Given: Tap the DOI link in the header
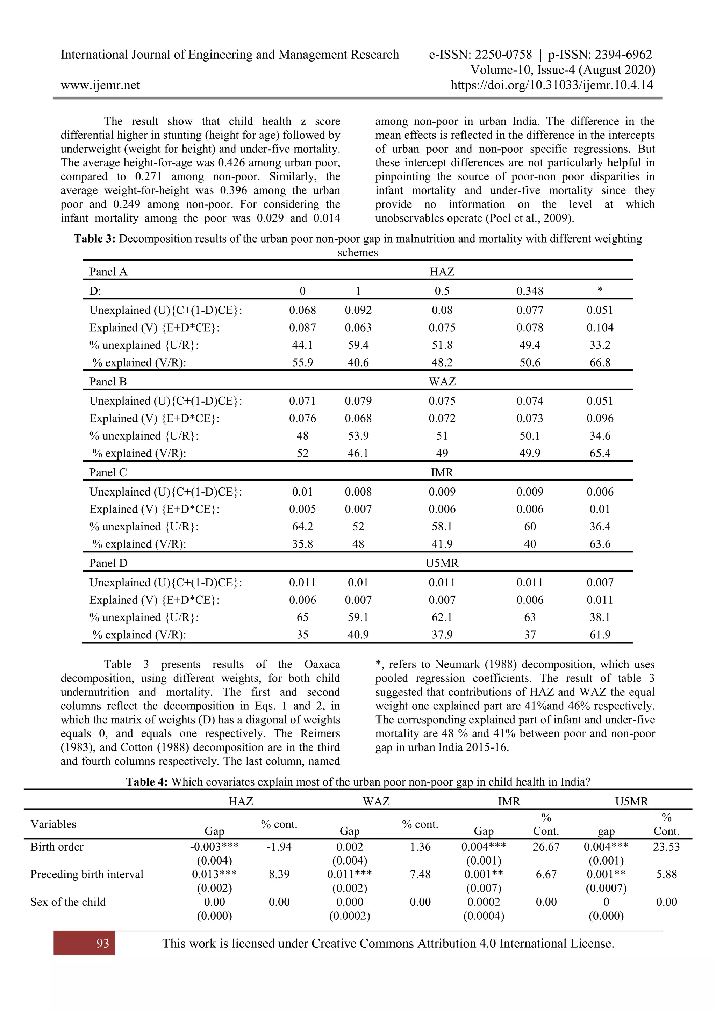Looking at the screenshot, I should pyautogui.click(x=552, y=85).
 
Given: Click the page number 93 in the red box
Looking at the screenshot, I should pyautogui.click(x=102, y=943).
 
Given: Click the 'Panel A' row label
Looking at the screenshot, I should pyautogui.click(x=108, y=272).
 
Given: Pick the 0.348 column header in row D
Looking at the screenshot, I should pyautogui.click(x=530, y=291).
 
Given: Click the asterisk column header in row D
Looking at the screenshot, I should pyautogui.click(x=600, y=290).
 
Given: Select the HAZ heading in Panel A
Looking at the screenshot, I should pyautogui.click(x=442, y=272).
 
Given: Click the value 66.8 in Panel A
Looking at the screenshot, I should pyautogui.click(x=600, y=363).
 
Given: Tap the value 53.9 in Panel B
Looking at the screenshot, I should pyautogui.click(x=358, y=436).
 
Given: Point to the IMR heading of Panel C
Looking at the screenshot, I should pyautogui.click(x=442, y=472).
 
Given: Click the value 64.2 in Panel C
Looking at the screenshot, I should pyautogui.click(x=302, y=527).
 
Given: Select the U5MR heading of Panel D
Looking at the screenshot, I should pyautogui.click(x=442, y=563).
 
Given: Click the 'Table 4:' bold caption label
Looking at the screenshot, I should pyautogui.click(x=146, y=782).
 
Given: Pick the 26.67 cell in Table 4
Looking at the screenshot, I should pyautogui.click(x=546, y=847).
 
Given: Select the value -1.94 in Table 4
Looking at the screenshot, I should pyautogui.click(x=279, y=847).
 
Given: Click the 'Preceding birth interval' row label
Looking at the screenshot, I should pyautogui.click(x=86, y=874).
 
